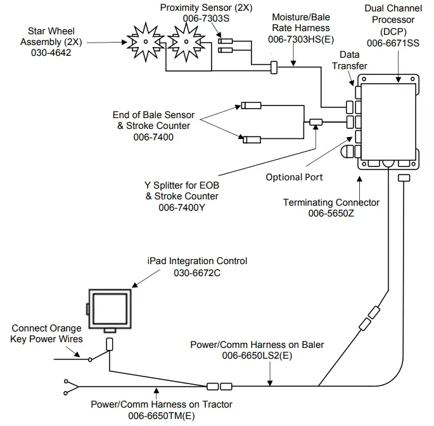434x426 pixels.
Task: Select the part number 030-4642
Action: coord(51,53)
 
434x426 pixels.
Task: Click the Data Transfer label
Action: coord(354,61)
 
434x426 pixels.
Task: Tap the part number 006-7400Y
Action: coord(183,207)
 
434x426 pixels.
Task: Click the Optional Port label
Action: coord(294,177)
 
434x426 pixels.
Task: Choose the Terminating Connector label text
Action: coord(331,203)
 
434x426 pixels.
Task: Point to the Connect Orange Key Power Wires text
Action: coord(46,334)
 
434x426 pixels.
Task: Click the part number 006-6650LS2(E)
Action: coord(257,356)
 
